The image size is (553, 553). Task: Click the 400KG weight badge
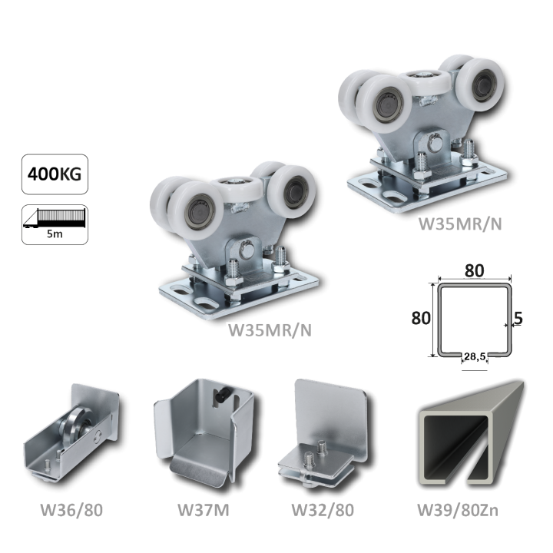(x=55, y=174)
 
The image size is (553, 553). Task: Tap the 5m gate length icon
(x=55, y=224)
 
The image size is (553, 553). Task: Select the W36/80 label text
(x=71, y=510)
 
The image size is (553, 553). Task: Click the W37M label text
(x=203, y=510)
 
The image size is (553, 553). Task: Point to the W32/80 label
(x=323, y=510)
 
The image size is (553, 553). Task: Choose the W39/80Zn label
(x=458, y=510)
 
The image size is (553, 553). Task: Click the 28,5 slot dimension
(x=475, y=356)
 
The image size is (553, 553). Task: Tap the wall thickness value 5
(x=518, y=319)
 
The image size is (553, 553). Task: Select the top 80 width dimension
(x=474, y=270)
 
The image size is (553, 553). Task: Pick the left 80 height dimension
(x=421, y=318)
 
